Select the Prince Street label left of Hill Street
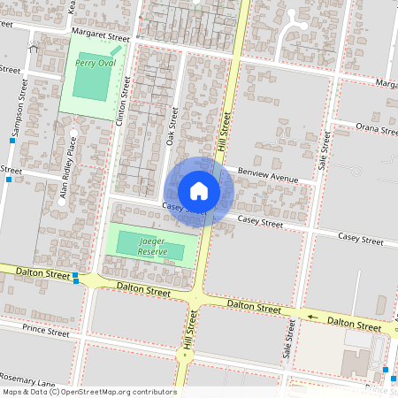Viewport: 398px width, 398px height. click(47, 333)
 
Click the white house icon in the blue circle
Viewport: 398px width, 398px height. click(199, 191)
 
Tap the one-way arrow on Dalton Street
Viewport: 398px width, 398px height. click(311, 316)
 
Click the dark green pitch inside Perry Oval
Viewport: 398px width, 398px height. click(88, 81)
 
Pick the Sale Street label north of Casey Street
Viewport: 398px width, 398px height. click(324, 151)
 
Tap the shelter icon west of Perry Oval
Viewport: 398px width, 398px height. click(34, 45)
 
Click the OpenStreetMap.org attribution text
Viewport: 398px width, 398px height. click(114, 391)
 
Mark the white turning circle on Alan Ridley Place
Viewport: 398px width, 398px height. click(62, 201)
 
